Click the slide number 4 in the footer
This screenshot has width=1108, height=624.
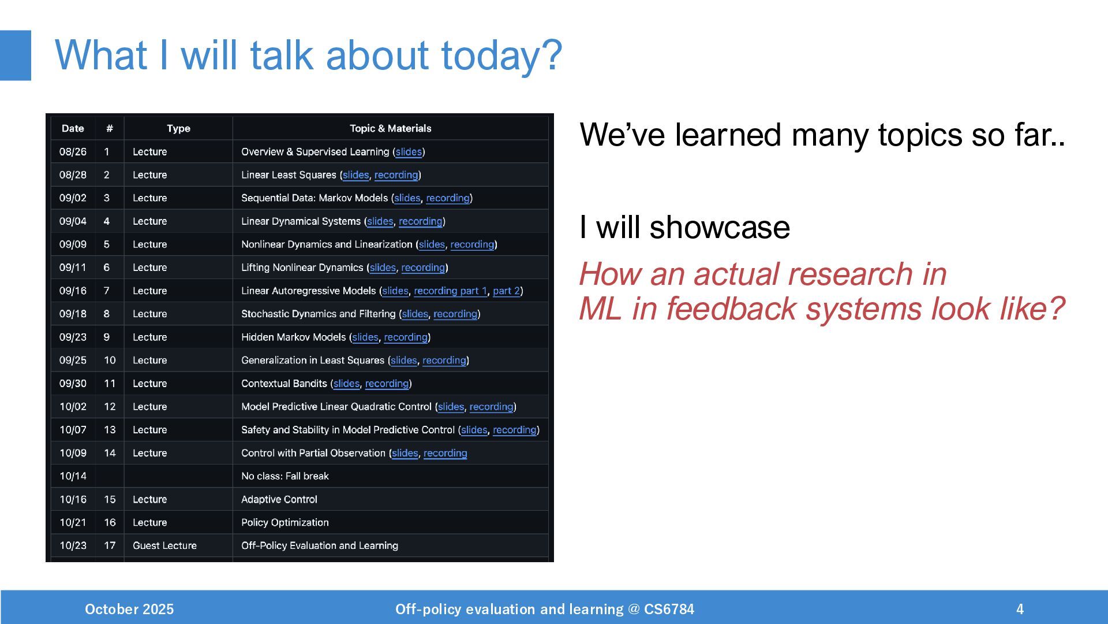pos(1020,609)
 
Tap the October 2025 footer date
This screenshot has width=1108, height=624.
pos(129,609)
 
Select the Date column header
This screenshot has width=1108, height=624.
pos(73,128)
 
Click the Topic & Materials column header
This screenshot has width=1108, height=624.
pos(390,128)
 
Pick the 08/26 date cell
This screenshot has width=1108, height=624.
pos(73,151)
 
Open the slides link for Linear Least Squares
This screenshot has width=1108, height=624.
pos(355,174)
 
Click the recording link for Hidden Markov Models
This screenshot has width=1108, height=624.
pos(406,337)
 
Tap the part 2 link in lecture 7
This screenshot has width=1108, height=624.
pos(506,291)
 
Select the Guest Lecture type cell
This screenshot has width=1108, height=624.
pos(164,545)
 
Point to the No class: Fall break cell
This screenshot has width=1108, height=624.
pos(285,476)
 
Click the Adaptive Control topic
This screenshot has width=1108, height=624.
pos(279,499)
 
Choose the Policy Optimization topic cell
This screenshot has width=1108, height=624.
pos(285,522)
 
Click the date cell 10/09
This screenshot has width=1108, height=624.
pos(73,453)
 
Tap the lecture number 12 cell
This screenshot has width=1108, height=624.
pos(110,406)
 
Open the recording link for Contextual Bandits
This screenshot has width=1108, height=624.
pos(387,383)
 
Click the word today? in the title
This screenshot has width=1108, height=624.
pos(501,55)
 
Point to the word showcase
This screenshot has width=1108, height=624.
pos(720,227)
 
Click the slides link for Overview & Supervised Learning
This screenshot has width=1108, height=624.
pos(409,151)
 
